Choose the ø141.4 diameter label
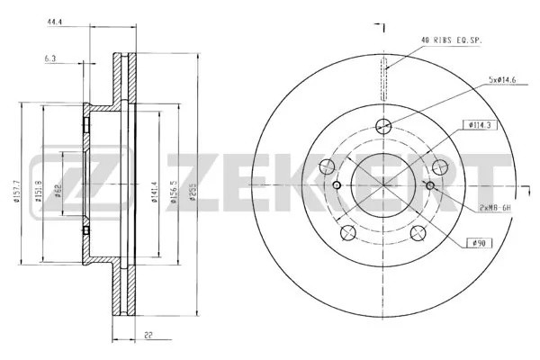(156, 191)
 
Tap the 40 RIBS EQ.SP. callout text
(453, 40)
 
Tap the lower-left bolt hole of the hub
(348, 234)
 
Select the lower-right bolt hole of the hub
(417, 234)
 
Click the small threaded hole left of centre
(337, 185)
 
